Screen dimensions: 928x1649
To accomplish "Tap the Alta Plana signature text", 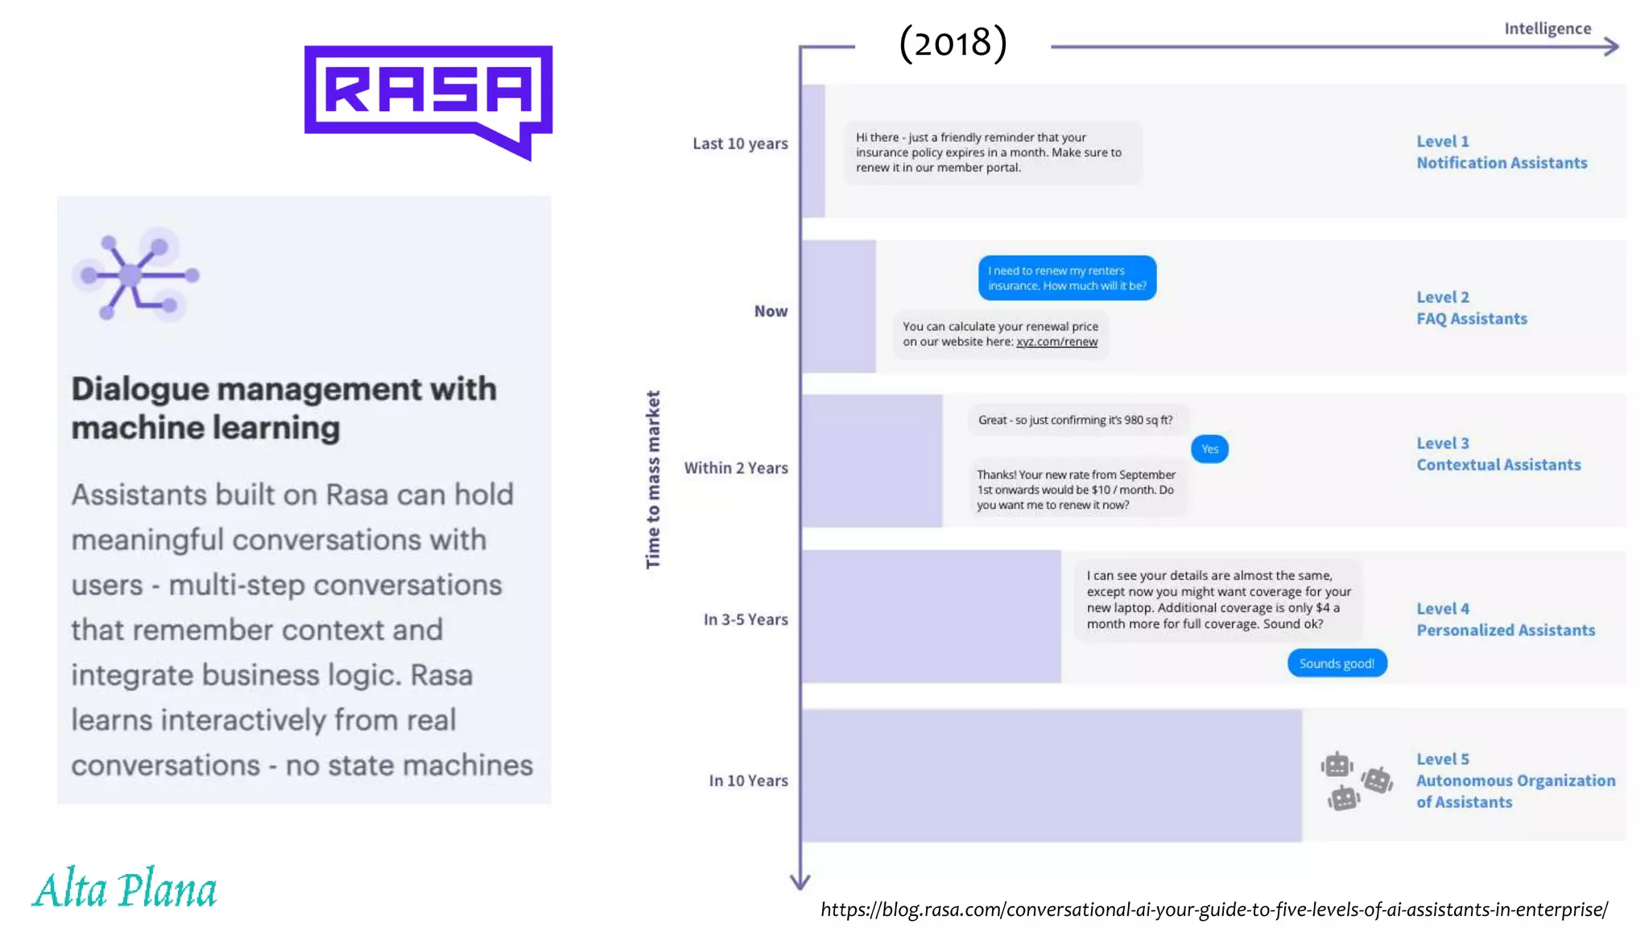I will [125, 890].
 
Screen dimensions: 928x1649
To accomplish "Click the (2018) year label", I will [953, 43].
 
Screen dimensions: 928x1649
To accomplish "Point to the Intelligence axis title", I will [1547, 29].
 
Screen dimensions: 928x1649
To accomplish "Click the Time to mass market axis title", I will [653, 479].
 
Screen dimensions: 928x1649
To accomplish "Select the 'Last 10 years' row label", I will [740, 143].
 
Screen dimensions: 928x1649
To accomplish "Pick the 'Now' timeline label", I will [771, 311].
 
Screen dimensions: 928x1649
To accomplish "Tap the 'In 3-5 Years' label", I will [746, 619].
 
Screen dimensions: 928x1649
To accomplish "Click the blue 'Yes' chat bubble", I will [1209, 449].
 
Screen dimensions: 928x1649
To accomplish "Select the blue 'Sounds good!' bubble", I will [1337, 663].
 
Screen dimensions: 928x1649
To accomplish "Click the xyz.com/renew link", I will [1056, 342].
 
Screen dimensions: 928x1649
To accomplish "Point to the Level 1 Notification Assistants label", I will [1501, 152].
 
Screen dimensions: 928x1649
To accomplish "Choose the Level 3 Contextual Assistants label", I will [1498, 454].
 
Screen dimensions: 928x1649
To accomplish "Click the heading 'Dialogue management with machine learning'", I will [284, 408].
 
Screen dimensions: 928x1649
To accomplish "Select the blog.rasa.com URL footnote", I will [1213, 909].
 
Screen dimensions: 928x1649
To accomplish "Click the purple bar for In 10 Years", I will [1051, 776].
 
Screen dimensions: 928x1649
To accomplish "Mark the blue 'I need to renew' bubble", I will [1067, 278].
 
